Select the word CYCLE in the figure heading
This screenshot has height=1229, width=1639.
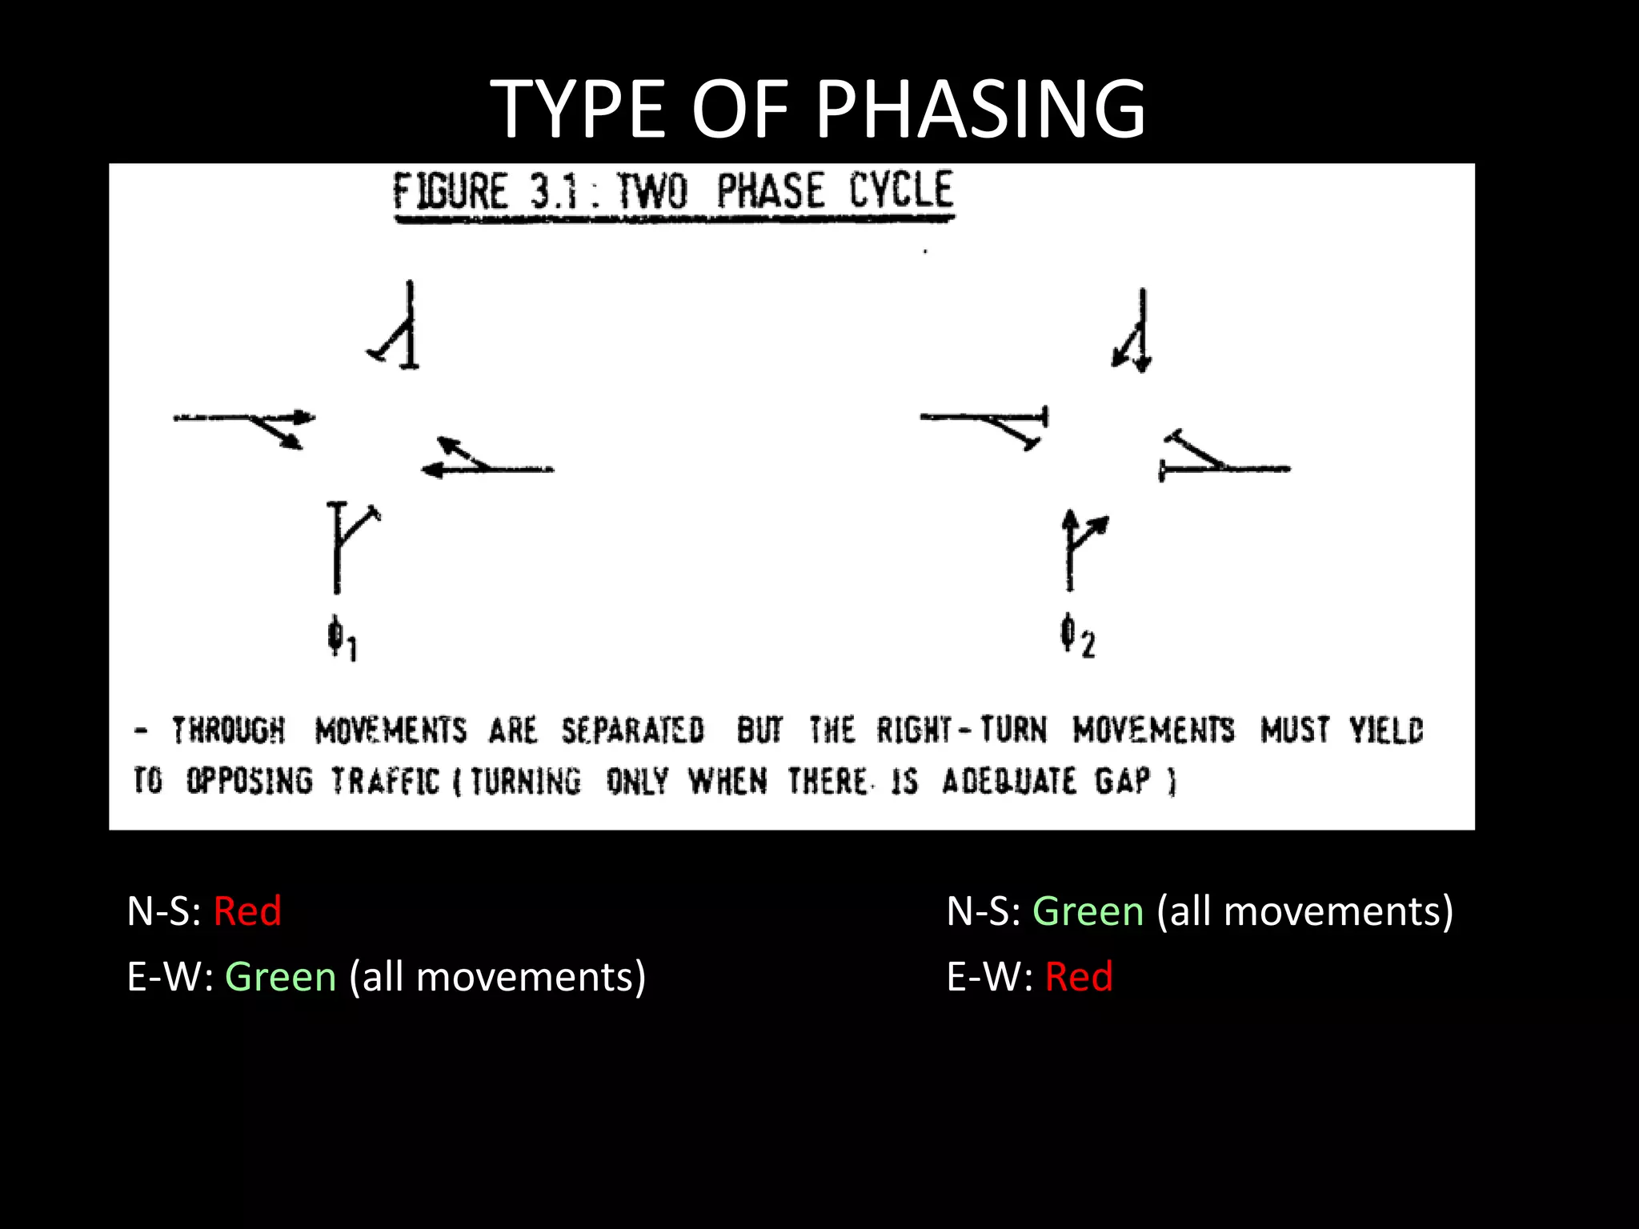click(901, 190)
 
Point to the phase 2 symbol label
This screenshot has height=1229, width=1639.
click(1076, 636)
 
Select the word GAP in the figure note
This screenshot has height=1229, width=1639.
click(1122, 780)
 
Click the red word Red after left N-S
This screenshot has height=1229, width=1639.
click(247, 911)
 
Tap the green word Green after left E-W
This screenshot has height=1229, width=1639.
click(280, 977)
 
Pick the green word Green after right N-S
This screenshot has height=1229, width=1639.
click(1088, 911)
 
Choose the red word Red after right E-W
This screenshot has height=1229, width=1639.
click(1078, 977)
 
